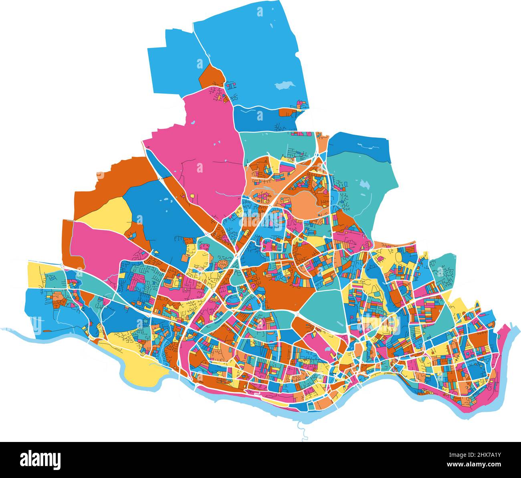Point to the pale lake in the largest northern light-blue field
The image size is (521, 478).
pos(284,85)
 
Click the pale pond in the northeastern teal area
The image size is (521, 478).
pos(364,184)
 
